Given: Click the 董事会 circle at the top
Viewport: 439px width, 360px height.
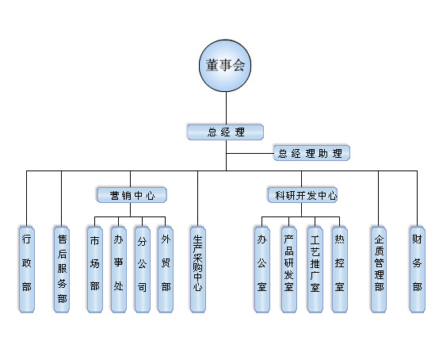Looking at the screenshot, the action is click(x=225, y=66).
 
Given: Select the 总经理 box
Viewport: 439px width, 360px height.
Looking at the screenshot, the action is click(x=226, y=132).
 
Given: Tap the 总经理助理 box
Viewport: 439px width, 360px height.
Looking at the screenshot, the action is click(x=311, y=153).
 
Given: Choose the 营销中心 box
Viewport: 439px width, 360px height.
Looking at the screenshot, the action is click(x=132, y=195).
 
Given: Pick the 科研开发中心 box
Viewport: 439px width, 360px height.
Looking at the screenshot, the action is click(x=303, y=195).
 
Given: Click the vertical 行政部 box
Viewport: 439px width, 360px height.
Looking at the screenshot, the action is click(x=27, y=270).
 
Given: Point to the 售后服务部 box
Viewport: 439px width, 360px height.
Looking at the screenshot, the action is click(x=62, y=270).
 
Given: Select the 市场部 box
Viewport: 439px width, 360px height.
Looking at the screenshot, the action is click(x=95, y=270).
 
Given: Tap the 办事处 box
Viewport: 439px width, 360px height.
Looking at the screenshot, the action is click(x=119, y=270).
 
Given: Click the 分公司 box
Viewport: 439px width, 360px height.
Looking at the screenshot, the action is click(x=142, y=270).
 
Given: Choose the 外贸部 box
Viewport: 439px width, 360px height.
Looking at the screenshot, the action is click(x=166, y=270).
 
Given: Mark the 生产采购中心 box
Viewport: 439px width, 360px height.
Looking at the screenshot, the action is click(x=198, y=270).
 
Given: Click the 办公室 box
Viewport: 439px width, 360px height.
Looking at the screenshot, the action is click(x=262, y=270).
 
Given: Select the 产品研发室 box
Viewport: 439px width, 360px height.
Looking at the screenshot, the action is click(x=289, y=270).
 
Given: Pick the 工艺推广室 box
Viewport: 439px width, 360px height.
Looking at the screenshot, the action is click(x=315, y=270).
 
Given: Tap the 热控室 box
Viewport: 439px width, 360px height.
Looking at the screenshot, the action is click(x=340, y=270).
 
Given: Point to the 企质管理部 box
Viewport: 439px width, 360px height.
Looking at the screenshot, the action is click(x=379, y=270).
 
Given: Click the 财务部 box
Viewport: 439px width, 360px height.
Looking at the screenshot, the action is click(x=417, y=270).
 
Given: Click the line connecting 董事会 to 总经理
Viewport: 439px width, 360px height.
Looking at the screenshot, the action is click(x=226, y=108).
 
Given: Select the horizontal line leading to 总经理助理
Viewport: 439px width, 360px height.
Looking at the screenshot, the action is click(x=250, y=154).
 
